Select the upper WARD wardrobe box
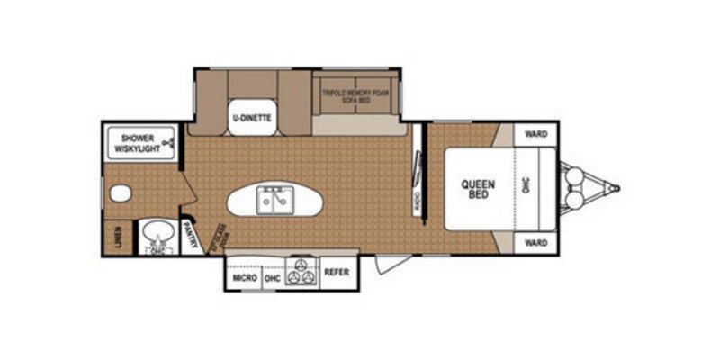click(x=537, y=134)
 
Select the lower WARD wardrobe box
click(x=537, y=244)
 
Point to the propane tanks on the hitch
click(x=573, y=188)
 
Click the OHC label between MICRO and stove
click(x=272, y=278)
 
